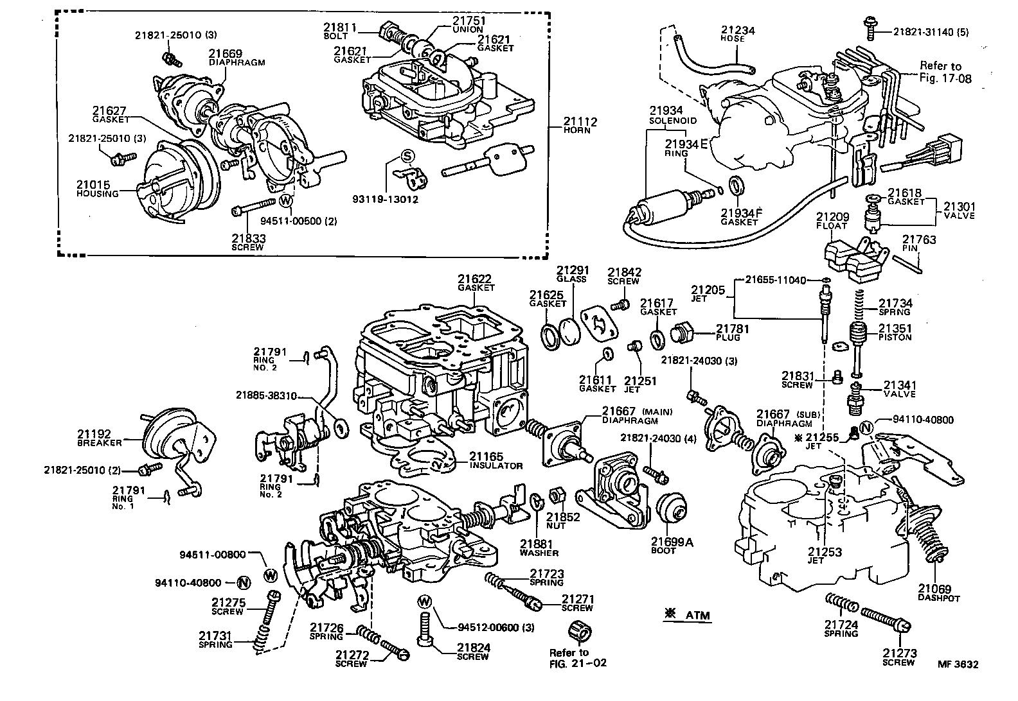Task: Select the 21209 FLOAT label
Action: (832, 221)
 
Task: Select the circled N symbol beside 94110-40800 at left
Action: (243, 583)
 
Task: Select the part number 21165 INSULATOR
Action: (496, 460)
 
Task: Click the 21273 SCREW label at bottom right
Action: (898, 657)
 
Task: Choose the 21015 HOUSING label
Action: (97, 189)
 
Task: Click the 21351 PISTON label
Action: (895, 332)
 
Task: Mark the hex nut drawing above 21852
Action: (557, 496)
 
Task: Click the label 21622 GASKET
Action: (475, 283)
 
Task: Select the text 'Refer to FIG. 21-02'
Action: (577, 657)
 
